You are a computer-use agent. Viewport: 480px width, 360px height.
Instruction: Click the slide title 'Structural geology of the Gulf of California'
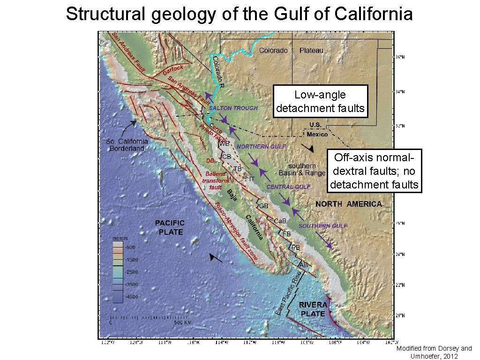239,14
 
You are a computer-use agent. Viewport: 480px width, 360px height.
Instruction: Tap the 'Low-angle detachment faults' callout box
320,102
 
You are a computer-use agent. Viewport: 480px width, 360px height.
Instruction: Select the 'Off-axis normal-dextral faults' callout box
374,171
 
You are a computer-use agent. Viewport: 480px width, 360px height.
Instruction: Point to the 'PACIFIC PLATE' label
170,227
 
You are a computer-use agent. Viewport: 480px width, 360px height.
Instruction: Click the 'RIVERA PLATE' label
313,309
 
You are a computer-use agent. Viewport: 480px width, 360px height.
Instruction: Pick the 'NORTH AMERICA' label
348,204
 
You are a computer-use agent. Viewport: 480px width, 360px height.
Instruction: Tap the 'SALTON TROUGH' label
233,108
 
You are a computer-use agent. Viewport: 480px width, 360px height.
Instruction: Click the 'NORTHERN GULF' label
261,147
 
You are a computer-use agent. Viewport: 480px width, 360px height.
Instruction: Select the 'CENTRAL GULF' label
288,187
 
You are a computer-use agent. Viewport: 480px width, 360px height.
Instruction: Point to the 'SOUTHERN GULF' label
323,226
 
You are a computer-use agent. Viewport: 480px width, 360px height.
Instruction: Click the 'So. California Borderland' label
126,145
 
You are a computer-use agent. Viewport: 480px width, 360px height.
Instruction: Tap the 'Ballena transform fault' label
215,180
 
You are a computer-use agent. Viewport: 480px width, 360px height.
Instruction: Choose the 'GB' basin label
264,206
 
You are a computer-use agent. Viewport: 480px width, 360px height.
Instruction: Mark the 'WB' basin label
224,143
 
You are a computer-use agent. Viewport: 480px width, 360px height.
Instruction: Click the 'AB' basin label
304,265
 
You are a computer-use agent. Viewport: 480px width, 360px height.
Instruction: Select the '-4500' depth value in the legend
118,297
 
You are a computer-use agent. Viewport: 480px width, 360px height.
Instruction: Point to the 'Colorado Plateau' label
291,50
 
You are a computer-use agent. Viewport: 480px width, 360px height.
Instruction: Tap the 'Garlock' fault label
173,70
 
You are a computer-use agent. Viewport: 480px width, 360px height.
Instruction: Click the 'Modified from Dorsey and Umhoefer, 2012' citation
434,352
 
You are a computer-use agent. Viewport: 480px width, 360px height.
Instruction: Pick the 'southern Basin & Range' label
302,169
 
